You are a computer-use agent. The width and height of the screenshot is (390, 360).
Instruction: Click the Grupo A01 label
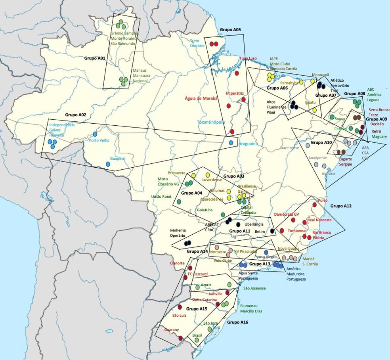(x=95, y=58)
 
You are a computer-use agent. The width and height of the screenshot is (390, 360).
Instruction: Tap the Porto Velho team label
(x=99, y=140)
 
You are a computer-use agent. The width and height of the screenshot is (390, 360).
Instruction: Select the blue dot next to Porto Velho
(x=95, y=133)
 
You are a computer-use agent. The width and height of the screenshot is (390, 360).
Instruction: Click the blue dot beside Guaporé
(x=108, y=164)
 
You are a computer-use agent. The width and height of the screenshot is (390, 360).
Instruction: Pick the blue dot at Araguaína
(x=231, y=143)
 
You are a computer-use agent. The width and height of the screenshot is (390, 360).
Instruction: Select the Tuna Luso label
(x=248, y=58)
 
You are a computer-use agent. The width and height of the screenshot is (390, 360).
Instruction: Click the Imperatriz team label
(x=234, y=94)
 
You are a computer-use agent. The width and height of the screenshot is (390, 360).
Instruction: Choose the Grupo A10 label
(x=321, y=142)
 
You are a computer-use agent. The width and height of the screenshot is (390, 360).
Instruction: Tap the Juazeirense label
(x=289, y=147)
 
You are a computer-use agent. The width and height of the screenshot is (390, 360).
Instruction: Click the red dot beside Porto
(x=315, y=205)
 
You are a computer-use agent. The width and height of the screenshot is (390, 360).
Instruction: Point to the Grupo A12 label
(x=341, y=206)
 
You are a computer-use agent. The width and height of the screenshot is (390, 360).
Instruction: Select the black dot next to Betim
(x=272, y=231)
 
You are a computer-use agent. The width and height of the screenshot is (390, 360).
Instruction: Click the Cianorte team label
(x=177, y=263)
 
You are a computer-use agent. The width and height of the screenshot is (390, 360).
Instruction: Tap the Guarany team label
(x=172, y=329)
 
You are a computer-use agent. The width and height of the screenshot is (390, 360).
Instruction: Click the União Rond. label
(x=161, y=197)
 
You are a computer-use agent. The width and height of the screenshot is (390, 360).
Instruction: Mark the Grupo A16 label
(x=238, y=323)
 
